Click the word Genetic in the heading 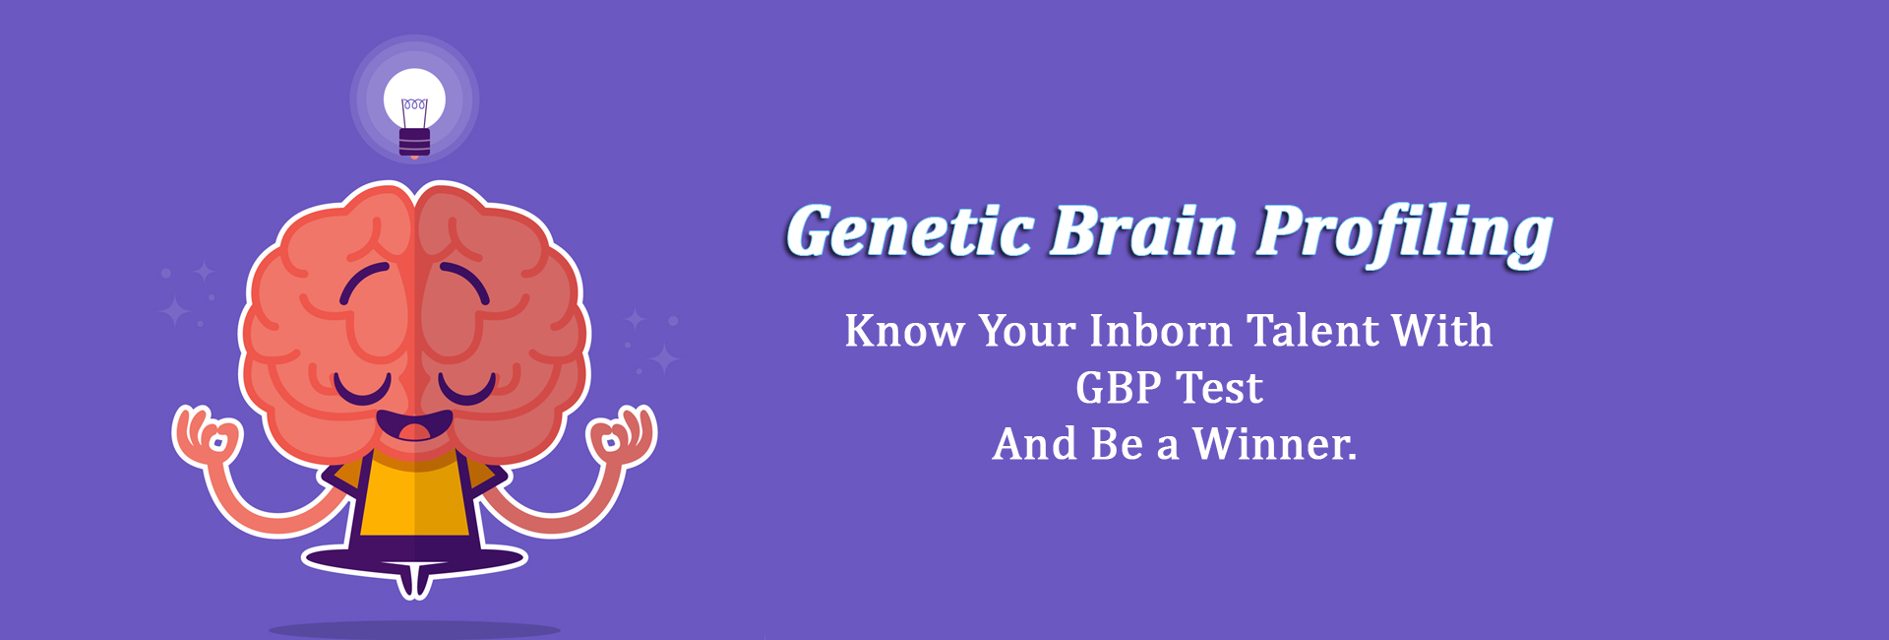click(x=909, y=231)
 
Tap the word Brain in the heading click(x=1143, y=231)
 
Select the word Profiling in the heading click(x=1404, y=234)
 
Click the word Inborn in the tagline click(x=1160, y=331)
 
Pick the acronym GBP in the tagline click(x=1119, y=388)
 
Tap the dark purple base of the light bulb click(x=414, y=143)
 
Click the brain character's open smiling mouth click(x=414, y=427)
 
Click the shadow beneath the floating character click(x=414, y=629)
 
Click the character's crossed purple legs click(x=414, y=559)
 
